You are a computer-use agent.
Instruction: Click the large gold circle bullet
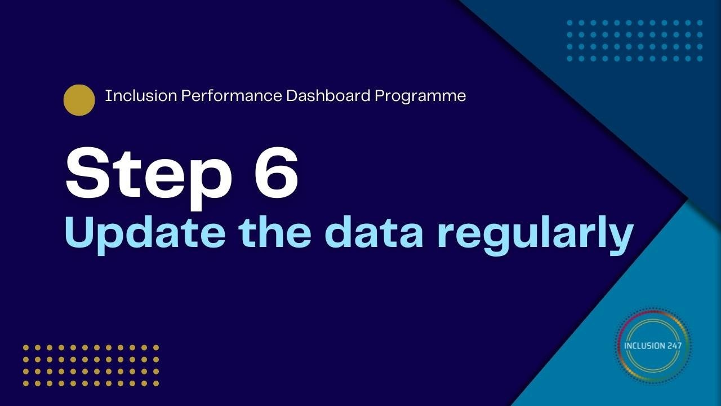tap(79, 100)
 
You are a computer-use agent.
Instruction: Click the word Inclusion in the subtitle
tap(141, 96)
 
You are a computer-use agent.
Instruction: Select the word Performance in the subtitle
tap(232, 96)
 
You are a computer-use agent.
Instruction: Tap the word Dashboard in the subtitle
tap(328, 96)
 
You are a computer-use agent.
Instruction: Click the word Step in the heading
tap(148, 175)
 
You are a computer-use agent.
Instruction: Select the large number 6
tap(276, 173)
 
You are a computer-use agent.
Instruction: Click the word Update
tap(145, 233)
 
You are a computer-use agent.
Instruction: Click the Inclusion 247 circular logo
tap(652, 346)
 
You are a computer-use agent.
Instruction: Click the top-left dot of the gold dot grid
tap(26, 348)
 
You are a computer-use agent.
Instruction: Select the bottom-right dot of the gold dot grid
tap(156, 383)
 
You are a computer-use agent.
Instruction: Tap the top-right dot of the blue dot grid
tap(700, 23)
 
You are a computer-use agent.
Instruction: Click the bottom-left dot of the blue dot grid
tap(569, 59)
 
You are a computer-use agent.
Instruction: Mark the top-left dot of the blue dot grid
tap(569, 23)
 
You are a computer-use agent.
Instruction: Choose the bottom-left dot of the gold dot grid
tap(26, 383)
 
